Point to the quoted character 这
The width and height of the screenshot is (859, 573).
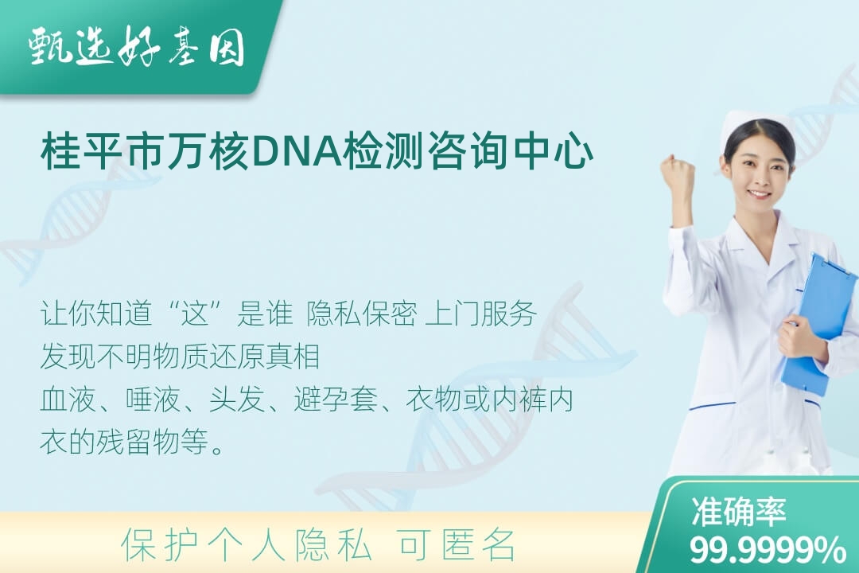(x=196, y=314)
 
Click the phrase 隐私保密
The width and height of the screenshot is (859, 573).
(x=362, y=314)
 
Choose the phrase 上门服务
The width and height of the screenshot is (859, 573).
(x=480, y=314)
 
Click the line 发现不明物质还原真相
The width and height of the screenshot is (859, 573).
(x=181, y=357)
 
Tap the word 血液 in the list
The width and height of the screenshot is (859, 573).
(x=68, y=400)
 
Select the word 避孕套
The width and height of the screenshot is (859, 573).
(x=336, y=400)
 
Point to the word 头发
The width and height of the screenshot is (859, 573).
(x=237, y=400)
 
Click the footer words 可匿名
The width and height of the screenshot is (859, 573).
(x=457, y=545)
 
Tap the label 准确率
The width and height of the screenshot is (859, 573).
(x=738, y=513)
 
